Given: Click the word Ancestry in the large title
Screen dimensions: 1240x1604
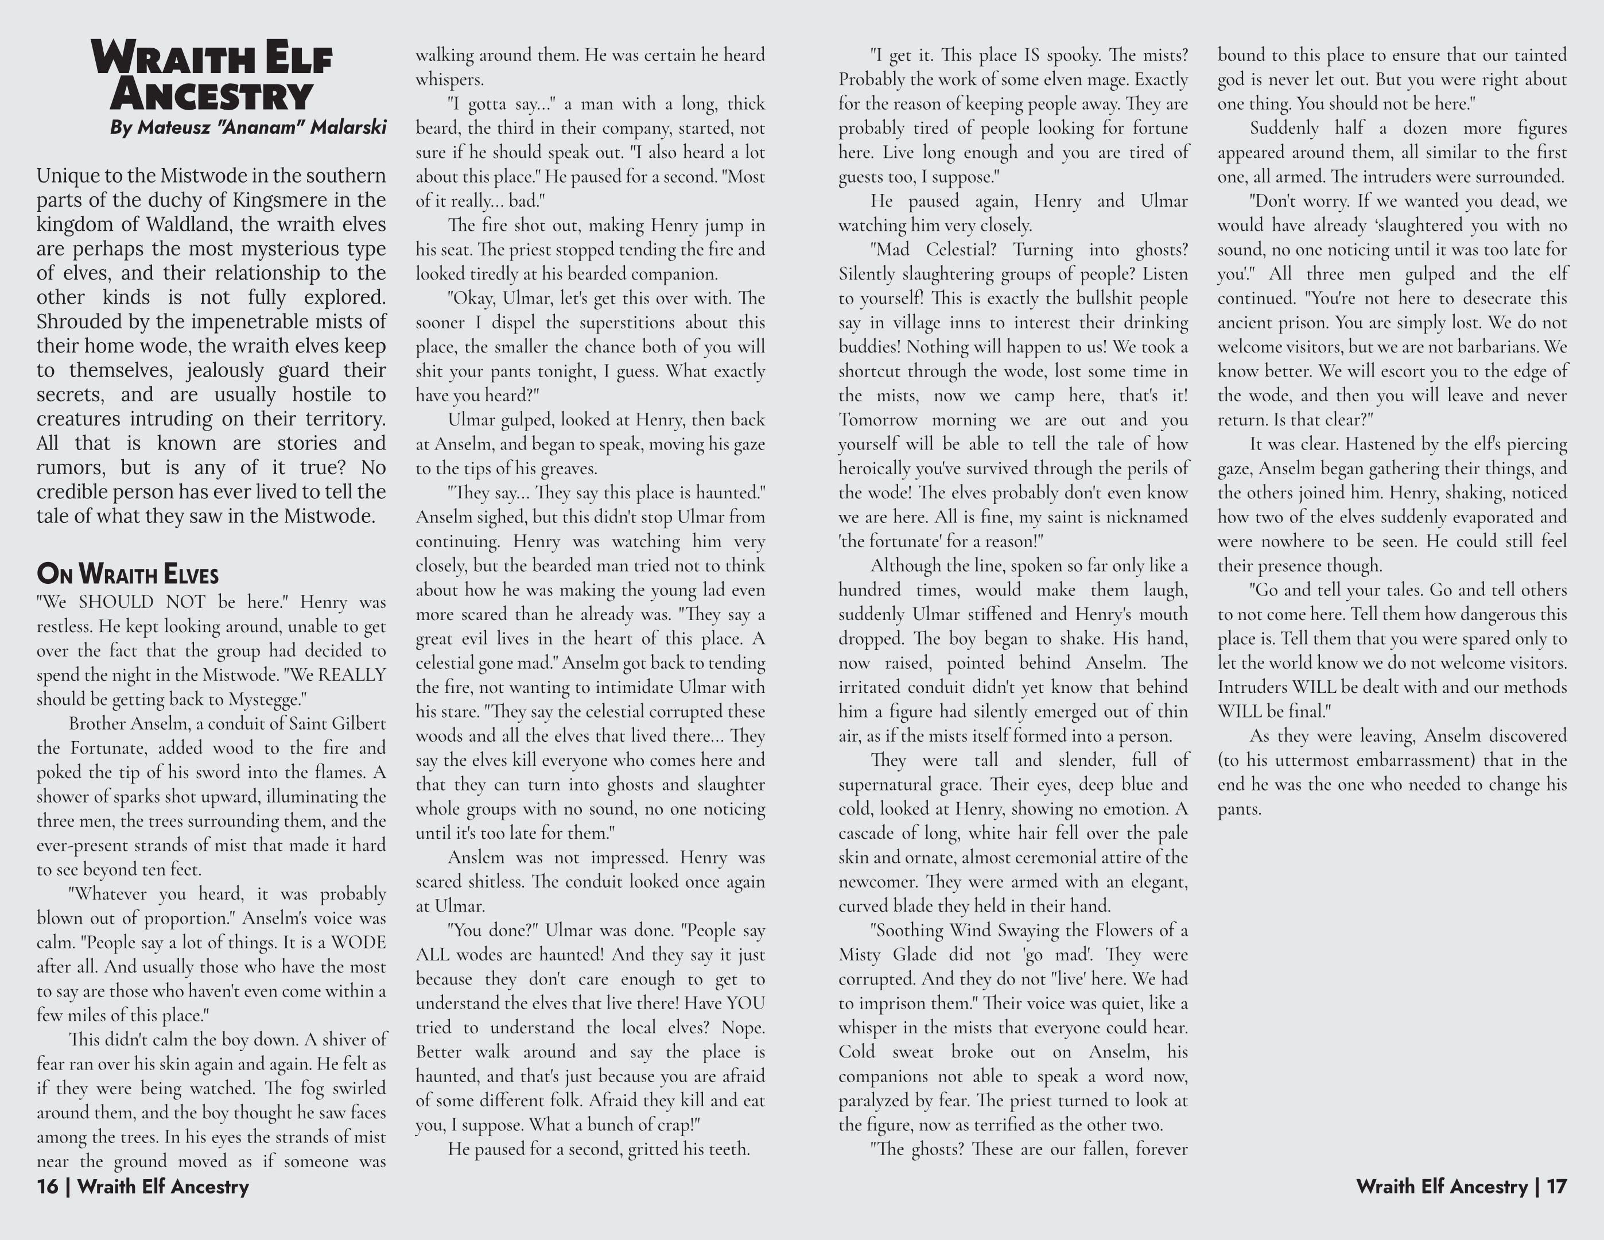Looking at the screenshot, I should coord(212,95).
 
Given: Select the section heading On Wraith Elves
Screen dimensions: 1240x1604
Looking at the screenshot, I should coord(127,573).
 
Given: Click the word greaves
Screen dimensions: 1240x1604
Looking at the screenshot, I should coord(569,468).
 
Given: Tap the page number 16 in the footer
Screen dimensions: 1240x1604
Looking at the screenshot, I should coord(47,1187).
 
